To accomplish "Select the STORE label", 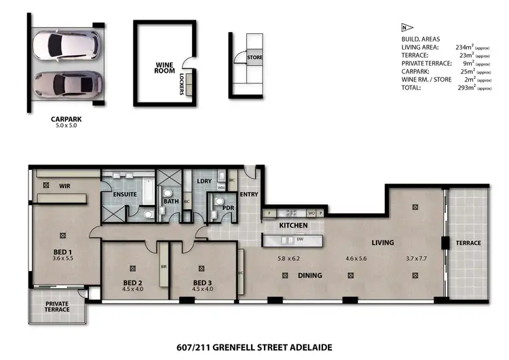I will (x=254, y=58).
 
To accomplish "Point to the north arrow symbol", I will (x=405, y=28).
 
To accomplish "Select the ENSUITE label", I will (x=126, y=194).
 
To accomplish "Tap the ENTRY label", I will (x=248, y=194).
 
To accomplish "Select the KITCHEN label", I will (x=294, y=225).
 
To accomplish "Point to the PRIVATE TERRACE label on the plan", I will (x=57, y=306).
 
